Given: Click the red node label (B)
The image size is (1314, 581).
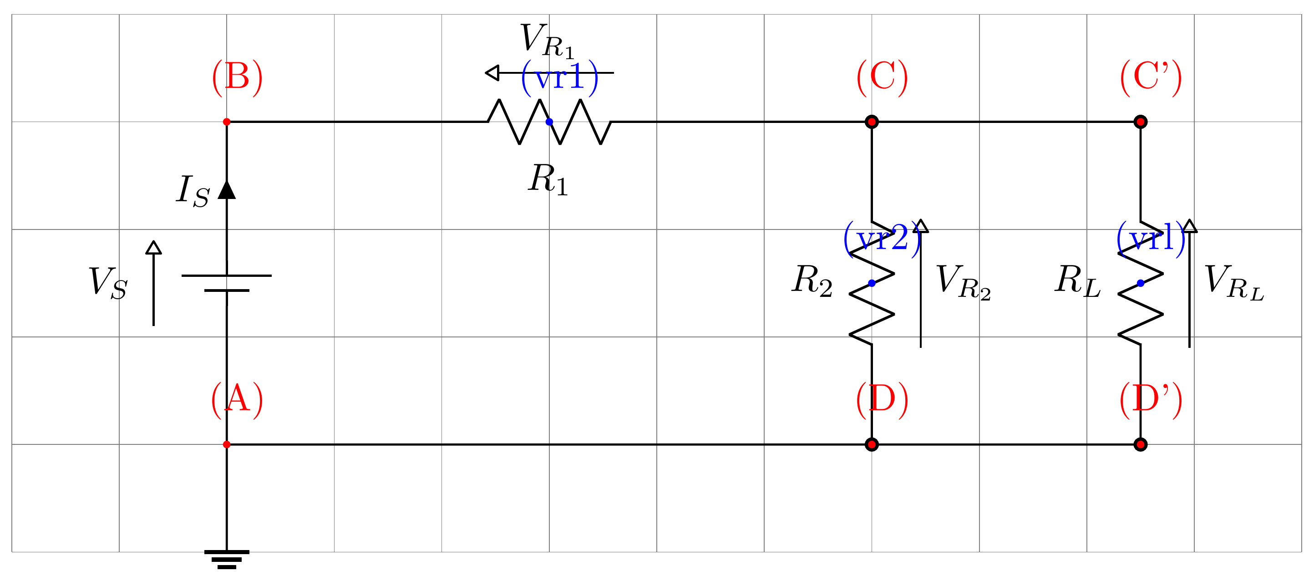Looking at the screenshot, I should click(x=237, y=77).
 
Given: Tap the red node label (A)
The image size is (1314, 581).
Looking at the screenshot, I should click(x=237, y=399).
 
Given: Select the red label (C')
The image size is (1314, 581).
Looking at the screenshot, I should click(x=1150, y=77).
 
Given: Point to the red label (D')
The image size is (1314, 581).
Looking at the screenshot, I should click(x=1150, y=399).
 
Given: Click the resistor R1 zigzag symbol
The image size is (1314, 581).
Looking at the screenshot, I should click(x=549, y=122).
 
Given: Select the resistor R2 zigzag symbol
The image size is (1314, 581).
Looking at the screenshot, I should click(x=872, y=284).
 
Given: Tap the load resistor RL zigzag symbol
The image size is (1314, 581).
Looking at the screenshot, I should click(x=1141, y=284).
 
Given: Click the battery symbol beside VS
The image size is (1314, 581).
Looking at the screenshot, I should click(x=227, y=283).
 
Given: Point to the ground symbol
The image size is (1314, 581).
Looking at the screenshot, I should click(x=227, y=559).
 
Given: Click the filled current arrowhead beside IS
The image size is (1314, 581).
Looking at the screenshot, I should click(x=227, y=190).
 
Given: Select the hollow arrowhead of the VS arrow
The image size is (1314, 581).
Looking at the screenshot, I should click(x=153, y=248).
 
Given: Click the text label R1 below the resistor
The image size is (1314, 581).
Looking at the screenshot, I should click(x=548, y=180).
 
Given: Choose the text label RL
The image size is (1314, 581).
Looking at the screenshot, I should click(x=1077, y=281).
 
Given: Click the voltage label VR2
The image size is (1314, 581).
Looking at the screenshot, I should click(x=963, y=281).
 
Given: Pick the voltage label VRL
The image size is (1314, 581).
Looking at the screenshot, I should click(x=1233, y=281).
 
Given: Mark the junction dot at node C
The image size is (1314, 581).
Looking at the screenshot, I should click(x=872, y=122).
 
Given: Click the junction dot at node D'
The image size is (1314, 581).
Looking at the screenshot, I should click(x=1141, y=445).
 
